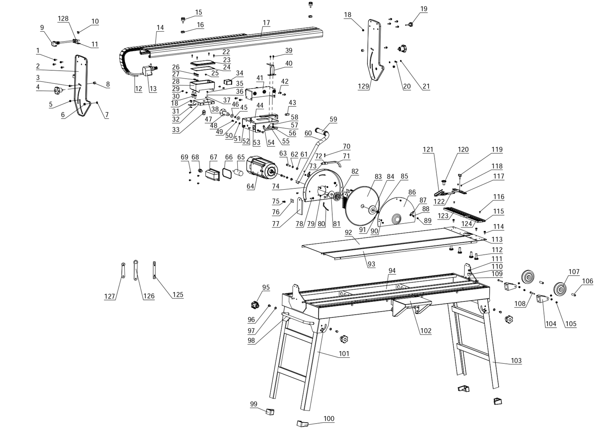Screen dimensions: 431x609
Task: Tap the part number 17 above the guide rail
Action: click(x=266, y=23)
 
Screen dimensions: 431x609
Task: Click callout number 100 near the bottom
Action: click(x=329, y=418)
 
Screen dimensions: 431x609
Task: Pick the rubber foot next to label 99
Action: click(x=270, y=411)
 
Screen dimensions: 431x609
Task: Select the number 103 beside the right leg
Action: click(x=516, y=361)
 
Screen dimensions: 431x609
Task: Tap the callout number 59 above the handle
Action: click(x=333, y=119)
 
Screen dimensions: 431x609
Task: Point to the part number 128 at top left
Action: click(x=63, y=18)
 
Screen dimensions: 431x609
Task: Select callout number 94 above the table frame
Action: click(x=392, y=271)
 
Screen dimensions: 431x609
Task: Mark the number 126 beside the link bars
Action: click(x=149, y=296)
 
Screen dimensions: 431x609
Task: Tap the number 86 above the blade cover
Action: click(x=412, y=192)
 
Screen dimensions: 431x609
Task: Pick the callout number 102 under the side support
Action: click(x=426, y=331)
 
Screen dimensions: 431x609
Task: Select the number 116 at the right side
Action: click(x=499, y=197)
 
